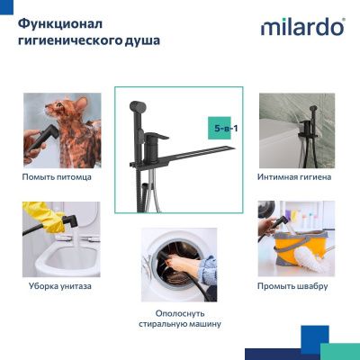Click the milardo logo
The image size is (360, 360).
pyautogui.click(x=302, y=26)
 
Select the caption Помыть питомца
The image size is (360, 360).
pyautogui.click(x=58, y=177)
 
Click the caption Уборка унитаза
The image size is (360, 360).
pyautogui.click(x=58, y=286)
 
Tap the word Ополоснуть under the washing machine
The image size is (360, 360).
pyautogui.click(x=179, y=311)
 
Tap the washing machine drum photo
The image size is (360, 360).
pyautogui.click(x=179, y=265)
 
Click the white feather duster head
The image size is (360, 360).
pyautogui.click(x=315, y=265)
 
